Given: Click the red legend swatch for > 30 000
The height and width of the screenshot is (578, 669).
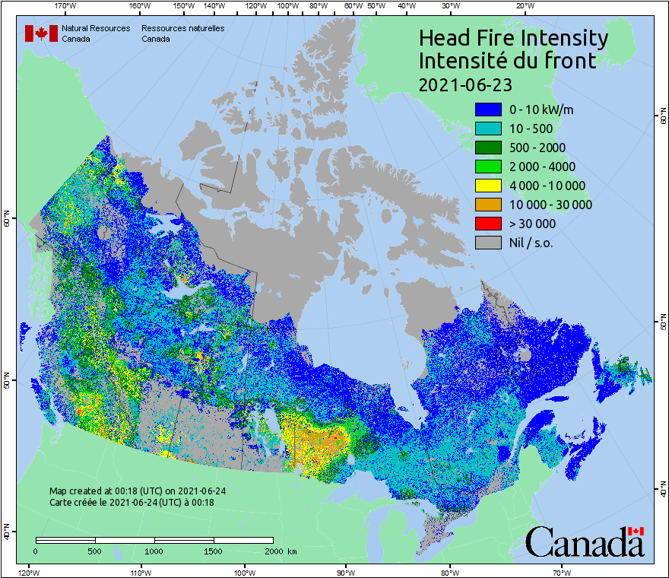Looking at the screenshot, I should coord(488,224).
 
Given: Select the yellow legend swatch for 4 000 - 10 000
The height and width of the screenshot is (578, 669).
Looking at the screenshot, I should coord(488,186).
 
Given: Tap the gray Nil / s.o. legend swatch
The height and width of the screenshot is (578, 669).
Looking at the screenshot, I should coord(488,243).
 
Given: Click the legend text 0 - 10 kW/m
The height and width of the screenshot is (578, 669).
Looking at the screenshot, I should coord(541,110).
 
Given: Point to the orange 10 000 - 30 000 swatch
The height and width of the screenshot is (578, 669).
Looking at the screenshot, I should coord(488,205).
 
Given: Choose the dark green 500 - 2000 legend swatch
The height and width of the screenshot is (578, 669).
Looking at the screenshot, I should coord(488,148).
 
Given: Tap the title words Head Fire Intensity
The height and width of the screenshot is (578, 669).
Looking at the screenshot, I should coord(513,38).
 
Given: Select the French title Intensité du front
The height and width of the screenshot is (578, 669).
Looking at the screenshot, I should coord(508,60).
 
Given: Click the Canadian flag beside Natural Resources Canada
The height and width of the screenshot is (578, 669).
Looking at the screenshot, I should coord(41,33).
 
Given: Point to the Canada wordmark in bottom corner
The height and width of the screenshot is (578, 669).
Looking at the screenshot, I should coord(585,541).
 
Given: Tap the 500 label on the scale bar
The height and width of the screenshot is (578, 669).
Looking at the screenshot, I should coord(94,551).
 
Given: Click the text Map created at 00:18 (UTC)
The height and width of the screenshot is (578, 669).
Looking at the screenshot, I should coord(137,491).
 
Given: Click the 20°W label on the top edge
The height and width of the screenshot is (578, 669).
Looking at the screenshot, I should coord(524,6).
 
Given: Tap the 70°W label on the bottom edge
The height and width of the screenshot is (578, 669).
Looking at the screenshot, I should coord(562,572).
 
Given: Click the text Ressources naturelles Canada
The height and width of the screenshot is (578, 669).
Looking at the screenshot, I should coord(182,33).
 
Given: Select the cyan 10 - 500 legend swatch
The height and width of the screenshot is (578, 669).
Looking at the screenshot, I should coord(488,129).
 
